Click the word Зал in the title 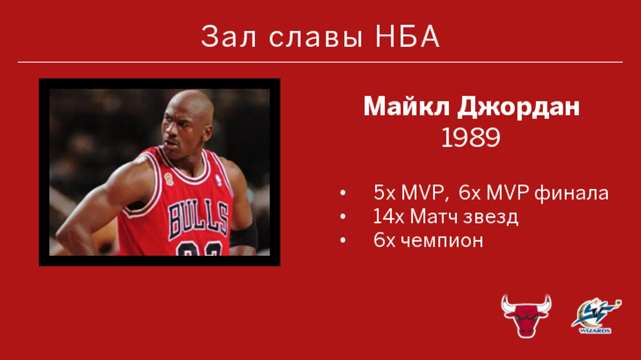click(x=228, y=36)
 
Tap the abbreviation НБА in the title click(x=407, y=36)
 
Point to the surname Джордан click(x=518, y=107)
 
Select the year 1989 click(x=471, y=138)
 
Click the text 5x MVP click(x=409, y=192)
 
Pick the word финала click(x=571, y=193)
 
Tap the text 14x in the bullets click(x=389, y=216)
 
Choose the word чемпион click(x=442, y=241)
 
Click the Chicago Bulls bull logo click(x=526, y=316)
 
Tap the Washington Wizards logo click(x=596, y=316)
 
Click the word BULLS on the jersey click(x=198, y=220)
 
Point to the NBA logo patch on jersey click(x=218, y=180)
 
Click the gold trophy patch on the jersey click(x=169, y=179)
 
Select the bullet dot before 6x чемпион click(x=343, y=241)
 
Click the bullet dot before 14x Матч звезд click(x=343, y=216)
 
